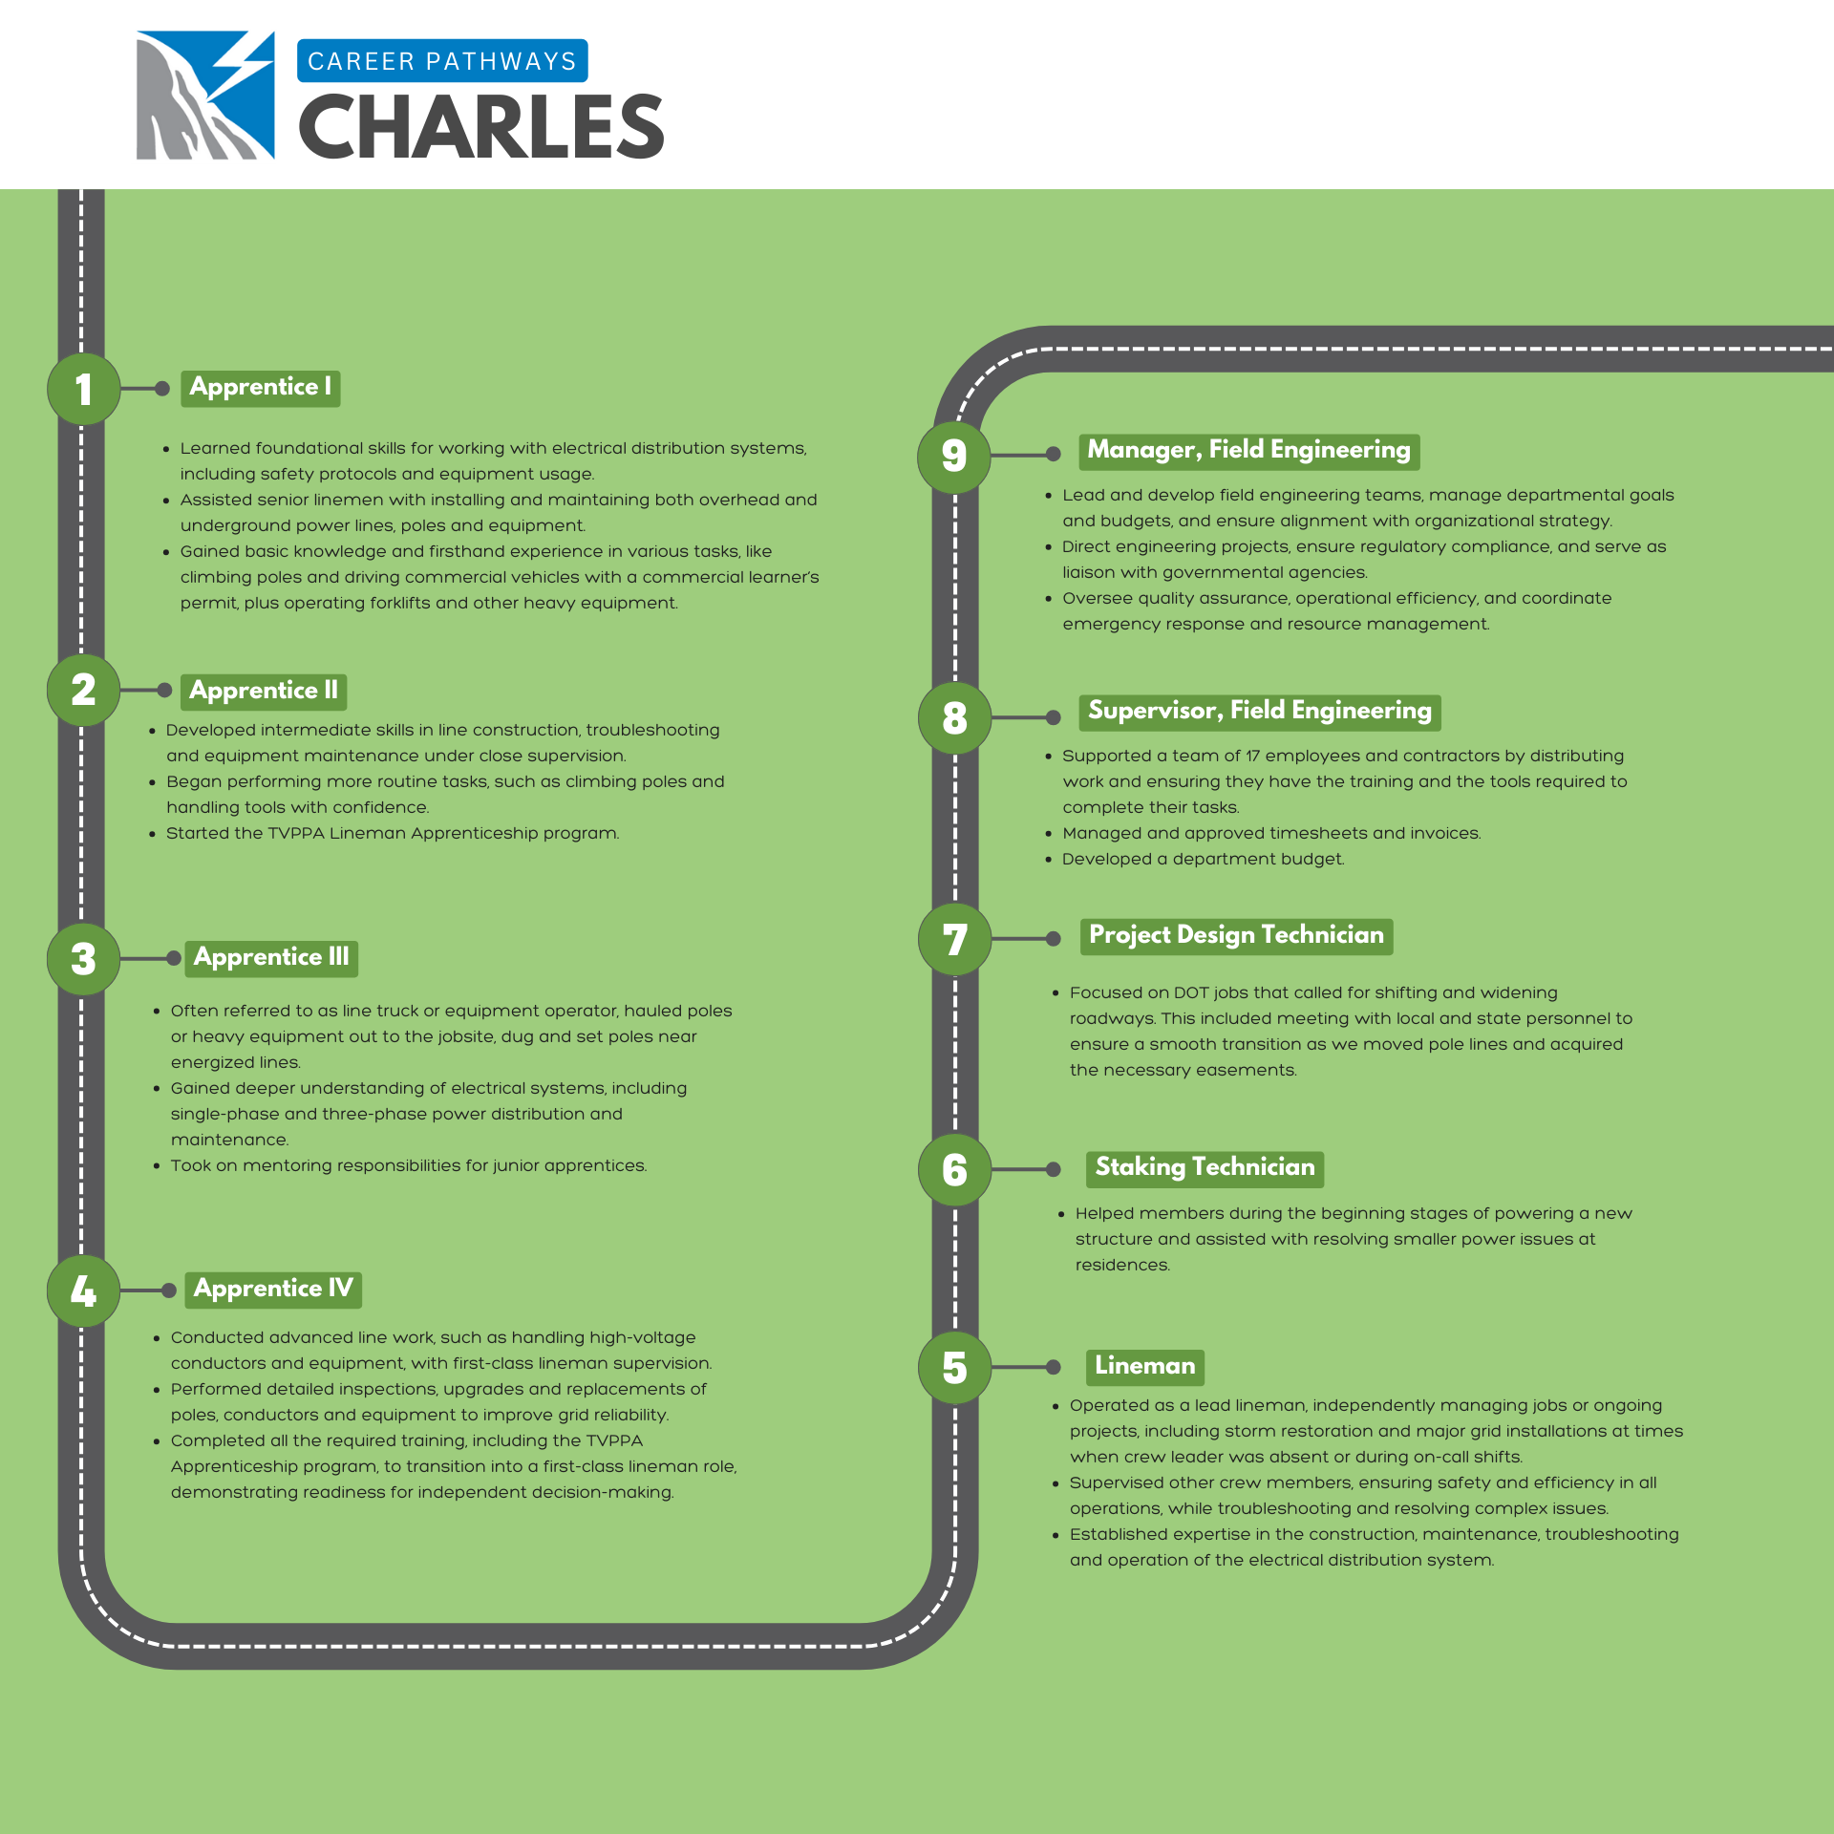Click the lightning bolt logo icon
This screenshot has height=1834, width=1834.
pyautogui.click(x=205, y=95)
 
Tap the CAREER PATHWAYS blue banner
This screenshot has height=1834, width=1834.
pyautogui.click(x=442, y=61)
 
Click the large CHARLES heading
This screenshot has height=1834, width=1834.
pyautogui.click(x=481, y=127)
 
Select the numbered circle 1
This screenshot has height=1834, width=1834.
pyautogui.click(x=84, y=389)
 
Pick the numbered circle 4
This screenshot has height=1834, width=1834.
pyautogui.click(x=84, y=1290)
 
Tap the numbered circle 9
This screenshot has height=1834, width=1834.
pyautogui.click(x=954, y=456)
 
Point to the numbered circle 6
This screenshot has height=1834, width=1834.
pyautogui.click(x=954, y=1169)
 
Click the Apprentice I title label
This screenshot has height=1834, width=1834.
pyautogui.click(x=261, y=388)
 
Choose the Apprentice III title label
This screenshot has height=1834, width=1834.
pyautogui.click(x=271, y=957)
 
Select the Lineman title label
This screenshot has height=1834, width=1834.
pyautogui.click(x=1144, y=1366)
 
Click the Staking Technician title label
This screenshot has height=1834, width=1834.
pyautogui.click(x=1205, y=1167)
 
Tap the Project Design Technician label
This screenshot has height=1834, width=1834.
pyautogui.click(x=1236, y=935)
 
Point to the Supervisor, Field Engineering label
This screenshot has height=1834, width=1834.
pyautogui.click(x=1259, y=711)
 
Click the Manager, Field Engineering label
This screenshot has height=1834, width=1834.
pyautogui.click(x=1248, y=450)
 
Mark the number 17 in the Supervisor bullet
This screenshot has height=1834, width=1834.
pyautogui.click(x=1253, y=756)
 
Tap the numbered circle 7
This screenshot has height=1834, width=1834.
pyautogui.click(x=954, y=939)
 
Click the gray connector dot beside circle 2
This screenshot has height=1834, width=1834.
pyautogui.click(x=164, y=690)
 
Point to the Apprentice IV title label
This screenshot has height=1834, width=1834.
pyautogui.click(x=273, y=1289)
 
